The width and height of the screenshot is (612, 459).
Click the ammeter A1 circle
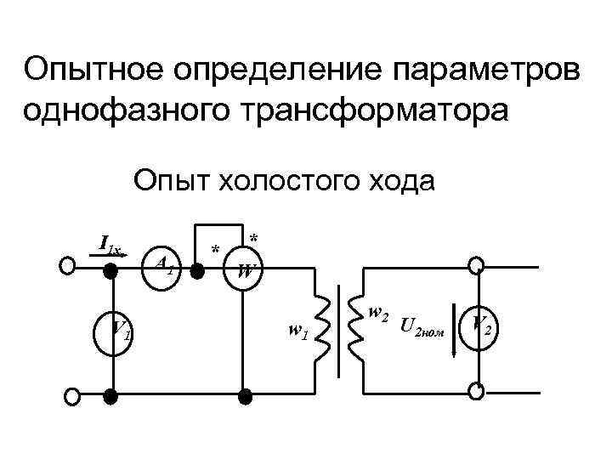tap(162, 266)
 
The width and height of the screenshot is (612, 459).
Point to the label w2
tap(379, 313)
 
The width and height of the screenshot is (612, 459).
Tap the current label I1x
tap(110, 247)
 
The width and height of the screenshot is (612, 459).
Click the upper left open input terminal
tap(67, 266)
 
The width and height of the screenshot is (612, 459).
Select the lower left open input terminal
tap(71, 396)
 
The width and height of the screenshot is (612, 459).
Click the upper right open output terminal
tap(479, 265)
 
